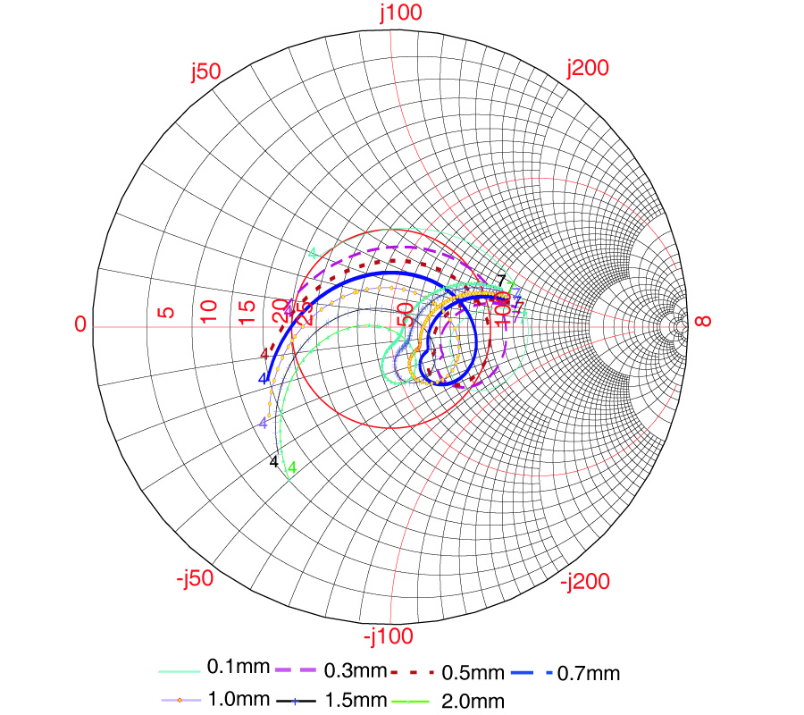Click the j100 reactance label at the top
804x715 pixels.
click(400, 13)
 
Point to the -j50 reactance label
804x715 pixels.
click(196, 578)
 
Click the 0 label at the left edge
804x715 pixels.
click(80, 324)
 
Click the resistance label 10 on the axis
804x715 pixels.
click(209, 312)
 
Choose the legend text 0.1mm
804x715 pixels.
click(233, 667)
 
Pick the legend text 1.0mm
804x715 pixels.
click(234, 699)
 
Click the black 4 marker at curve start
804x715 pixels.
click(274, 462)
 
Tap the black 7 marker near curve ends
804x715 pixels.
click(502, 280)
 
